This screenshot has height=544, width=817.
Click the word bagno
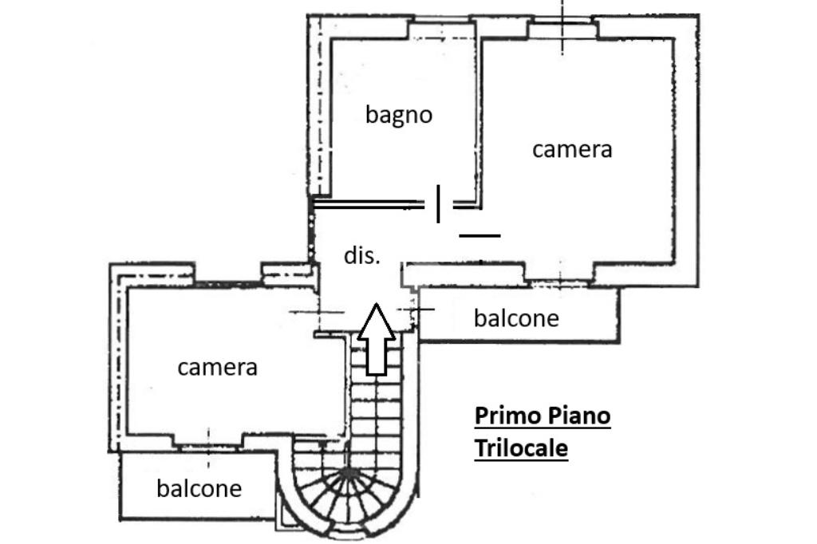click(399, 115)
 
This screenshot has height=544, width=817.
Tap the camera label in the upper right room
click(572, 149)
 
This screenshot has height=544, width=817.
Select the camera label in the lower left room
click(217, 368)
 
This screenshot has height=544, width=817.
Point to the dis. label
click(362, 255)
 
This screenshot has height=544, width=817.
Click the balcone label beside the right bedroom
click(516, 317)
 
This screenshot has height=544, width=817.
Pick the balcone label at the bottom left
click(199, 488)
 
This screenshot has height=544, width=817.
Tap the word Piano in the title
click(577, 416)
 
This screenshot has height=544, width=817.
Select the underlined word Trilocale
click(521, 448)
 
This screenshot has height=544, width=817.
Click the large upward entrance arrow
click(376, 339)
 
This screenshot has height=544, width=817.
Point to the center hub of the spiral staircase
click(348, 473)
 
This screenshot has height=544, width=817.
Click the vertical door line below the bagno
click(438, 203)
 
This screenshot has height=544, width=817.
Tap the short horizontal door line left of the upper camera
click(480, 235)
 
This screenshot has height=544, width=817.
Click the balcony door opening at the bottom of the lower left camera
click(208, 440)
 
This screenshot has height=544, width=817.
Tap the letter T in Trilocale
click(481, 447)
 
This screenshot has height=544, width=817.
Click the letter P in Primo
click(481, 416)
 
